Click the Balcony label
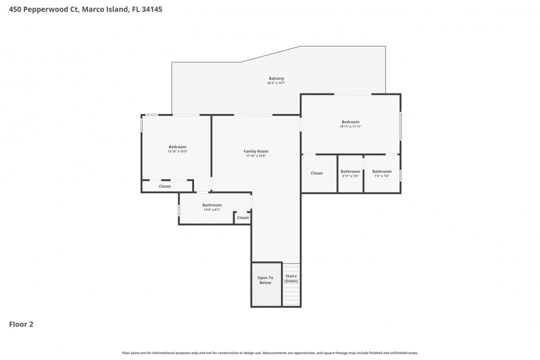tap(276, 78)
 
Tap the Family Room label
tap(256, 151)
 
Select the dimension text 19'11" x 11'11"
tap(350, 126)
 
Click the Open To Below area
tap(265, 280)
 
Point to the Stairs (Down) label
tap(291, 278)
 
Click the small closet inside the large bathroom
tap(243, 218)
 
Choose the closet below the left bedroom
tap(165, 186)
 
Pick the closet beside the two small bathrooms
tap(316, 173)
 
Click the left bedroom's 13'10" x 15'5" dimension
tap(177, 151)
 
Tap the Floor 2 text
tap(21, 324)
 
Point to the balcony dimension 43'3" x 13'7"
tap(276, 83)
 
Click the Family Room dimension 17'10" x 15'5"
tap(256, 156)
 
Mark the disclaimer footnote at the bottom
tap(270, 353)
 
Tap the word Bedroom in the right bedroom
tap(350, 122)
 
